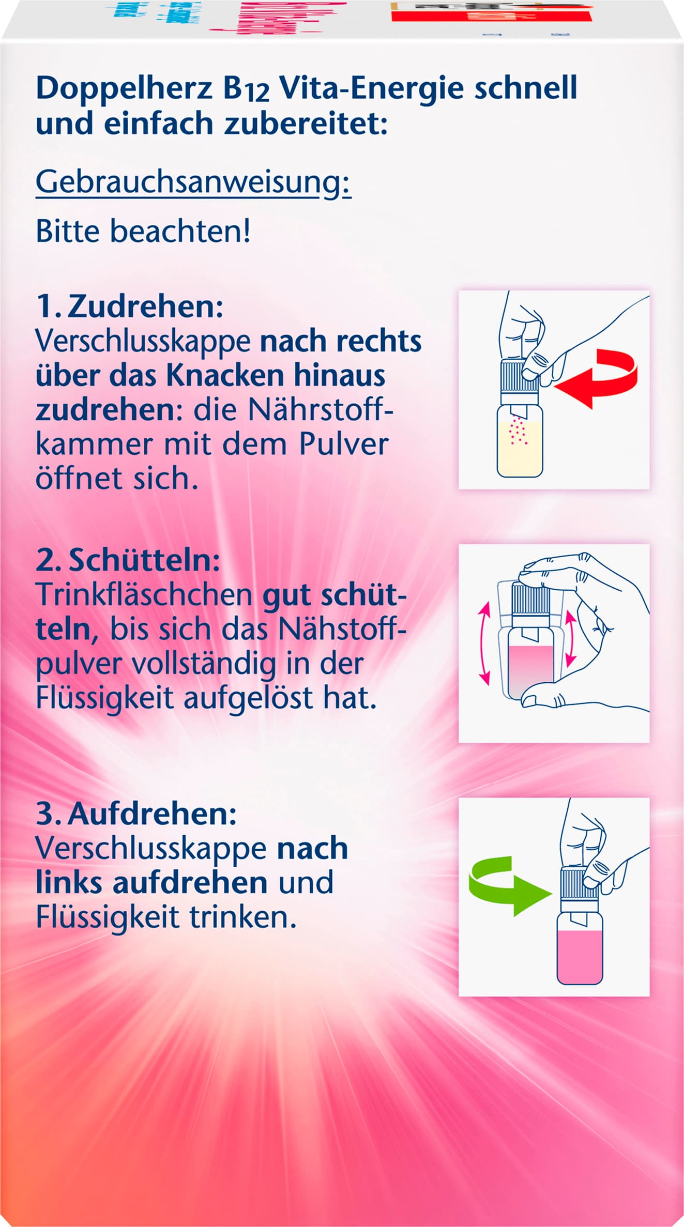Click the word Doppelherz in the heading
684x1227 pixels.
tap(124, 89)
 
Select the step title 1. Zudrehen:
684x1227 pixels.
tap(129, 307)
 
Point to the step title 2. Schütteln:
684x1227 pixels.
tap(128, 561)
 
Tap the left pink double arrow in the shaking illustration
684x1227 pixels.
tap(484, 645)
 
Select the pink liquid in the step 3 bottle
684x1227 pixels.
tap(580, 956)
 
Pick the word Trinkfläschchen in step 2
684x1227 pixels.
tap(144, 595)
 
